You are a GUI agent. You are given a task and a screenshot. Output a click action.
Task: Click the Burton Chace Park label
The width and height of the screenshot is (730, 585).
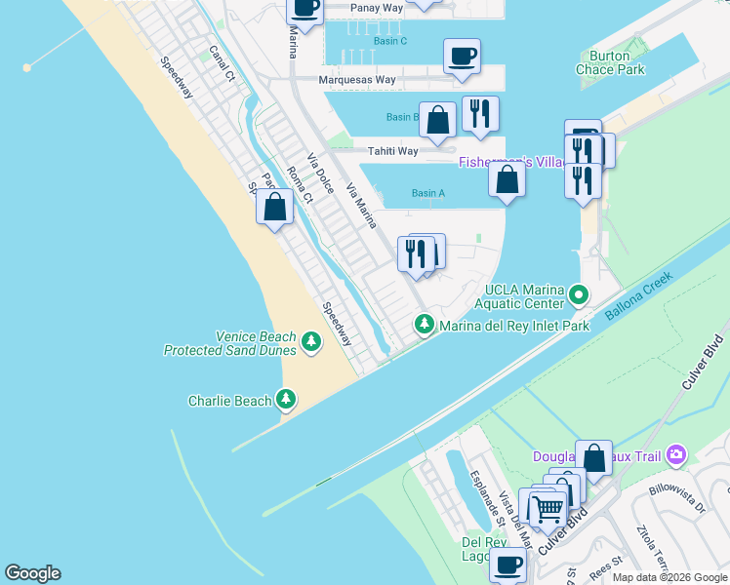[610, 63]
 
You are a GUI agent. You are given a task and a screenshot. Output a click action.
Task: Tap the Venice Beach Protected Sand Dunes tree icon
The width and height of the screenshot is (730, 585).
[311, 340]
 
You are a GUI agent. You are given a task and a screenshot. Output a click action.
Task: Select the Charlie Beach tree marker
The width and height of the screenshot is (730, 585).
[286, 398]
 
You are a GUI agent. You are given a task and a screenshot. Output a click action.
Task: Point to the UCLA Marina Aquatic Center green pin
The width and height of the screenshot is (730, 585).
[580, 292]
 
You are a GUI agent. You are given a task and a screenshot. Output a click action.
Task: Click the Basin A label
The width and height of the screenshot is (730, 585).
[428, 193]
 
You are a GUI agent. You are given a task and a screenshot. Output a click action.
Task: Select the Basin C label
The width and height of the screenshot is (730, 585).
[390, 41]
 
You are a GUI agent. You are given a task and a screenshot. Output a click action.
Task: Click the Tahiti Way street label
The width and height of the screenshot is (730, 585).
[392, 151]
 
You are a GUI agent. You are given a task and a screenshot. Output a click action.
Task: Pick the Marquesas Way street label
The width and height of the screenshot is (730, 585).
[358, 80]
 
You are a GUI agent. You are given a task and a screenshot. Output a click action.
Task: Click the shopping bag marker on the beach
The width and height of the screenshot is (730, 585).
[275, 207]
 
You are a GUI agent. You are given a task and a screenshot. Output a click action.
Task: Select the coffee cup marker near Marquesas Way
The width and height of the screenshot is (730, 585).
[462, 56]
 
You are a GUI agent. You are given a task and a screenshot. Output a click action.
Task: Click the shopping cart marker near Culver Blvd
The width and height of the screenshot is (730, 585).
[547, 507]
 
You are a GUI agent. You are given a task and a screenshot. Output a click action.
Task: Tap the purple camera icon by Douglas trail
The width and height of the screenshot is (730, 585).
[676, 455]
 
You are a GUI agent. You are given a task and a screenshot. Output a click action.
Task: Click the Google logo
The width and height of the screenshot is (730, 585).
[32, 573]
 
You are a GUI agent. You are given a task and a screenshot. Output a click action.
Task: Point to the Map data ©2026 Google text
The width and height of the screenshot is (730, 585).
[669, 577]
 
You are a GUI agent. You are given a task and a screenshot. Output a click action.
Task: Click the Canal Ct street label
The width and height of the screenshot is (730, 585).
[223, 62]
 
